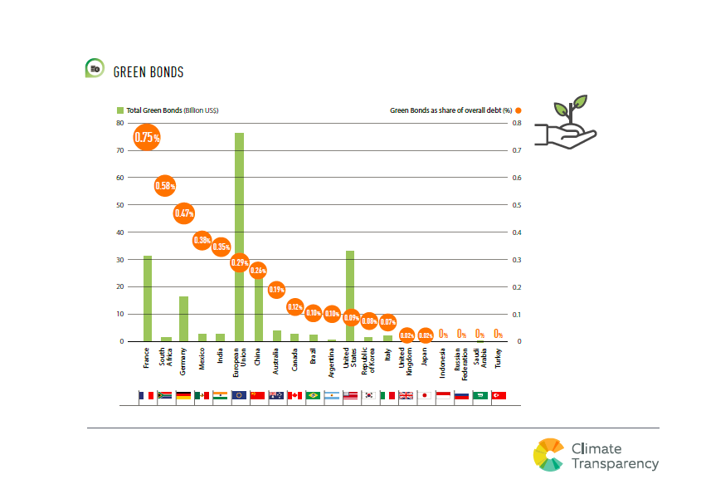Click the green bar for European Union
pos(239,199)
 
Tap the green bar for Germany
pos(184,319)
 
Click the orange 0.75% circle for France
pos(147,136)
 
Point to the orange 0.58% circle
pos(166,186)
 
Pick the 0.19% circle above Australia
pos(276,290)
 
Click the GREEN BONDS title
pos(148,72)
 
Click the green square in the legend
pos(119,110)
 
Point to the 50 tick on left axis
pos(119,205)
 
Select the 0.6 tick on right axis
pos(517,178)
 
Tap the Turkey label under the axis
pos(498,360)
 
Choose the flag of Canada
pos(295,396)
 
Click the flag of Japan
pos(425,396)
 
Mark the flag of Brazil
pos(314,396)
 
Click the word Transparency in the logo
pos(615,464)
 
